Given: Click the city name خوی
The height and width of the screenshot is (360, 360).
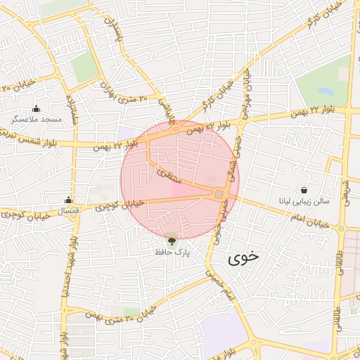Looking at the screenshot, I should (x=243, y=257).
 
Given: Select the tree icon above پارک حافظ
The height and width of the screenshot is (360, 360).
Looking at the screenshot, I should (x=172, y=239).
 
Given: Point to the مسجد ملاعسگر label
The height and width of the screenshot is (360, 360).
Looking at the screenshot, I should (x=37, y=120).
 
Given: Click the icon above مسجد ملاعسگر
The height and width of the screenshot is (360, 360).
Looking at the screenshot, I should (x=37, y=108).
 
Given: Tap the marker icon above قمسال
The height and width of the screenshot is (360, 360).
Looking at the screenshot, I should (x=68, y=200).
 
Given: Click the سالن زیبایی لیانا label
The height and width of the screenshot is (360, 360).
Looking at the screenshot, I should (x=304, y=202).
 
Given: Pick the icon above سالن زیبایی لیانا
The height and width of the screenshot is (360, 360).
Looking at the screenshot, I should (x=304, y=191).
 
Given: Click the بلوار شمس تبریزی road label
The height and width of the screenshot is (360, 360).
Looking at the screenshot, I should (x=28, y=138).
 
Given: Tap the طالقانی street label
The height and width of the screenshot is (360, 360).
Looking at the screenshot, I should (x=340, y=264).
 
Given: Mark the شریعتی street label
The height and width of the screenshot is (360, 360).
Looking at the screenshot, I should (x=345, y=188).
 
